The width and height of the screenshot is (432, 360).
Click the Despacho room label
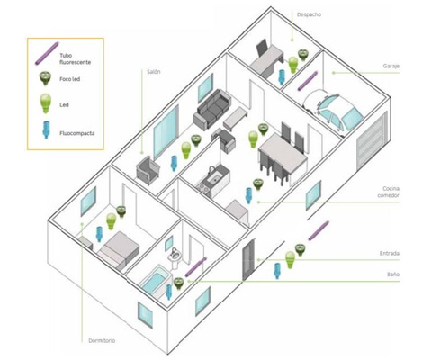(309, 14)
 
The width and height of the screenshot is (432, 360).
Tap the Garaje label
(391, 66)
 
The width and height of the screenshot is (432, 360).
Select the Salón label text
(154, 72)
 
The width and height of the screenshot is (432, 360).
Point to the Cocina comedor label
(389, 192)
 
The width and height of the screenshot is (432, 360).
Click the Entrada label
(390, 254)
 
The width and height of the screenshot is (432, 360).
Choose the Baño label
(393, 274)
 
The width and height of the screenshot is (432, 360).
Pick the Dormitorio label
(102, 340)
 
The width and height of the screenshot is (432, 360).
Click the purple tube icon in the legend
(47, 54)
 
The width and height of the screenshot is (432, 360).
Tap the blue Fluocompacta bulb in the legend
(46, 130)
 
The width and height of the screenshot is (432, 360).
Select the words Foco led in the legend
(70, 79)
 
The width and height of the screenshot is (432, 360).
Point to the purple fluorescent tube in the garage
(308, 81)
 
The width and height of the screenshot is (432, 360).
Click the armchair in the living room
(148, 170)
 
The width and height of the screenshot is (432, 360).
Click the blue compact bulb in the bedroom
(99, 234)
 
